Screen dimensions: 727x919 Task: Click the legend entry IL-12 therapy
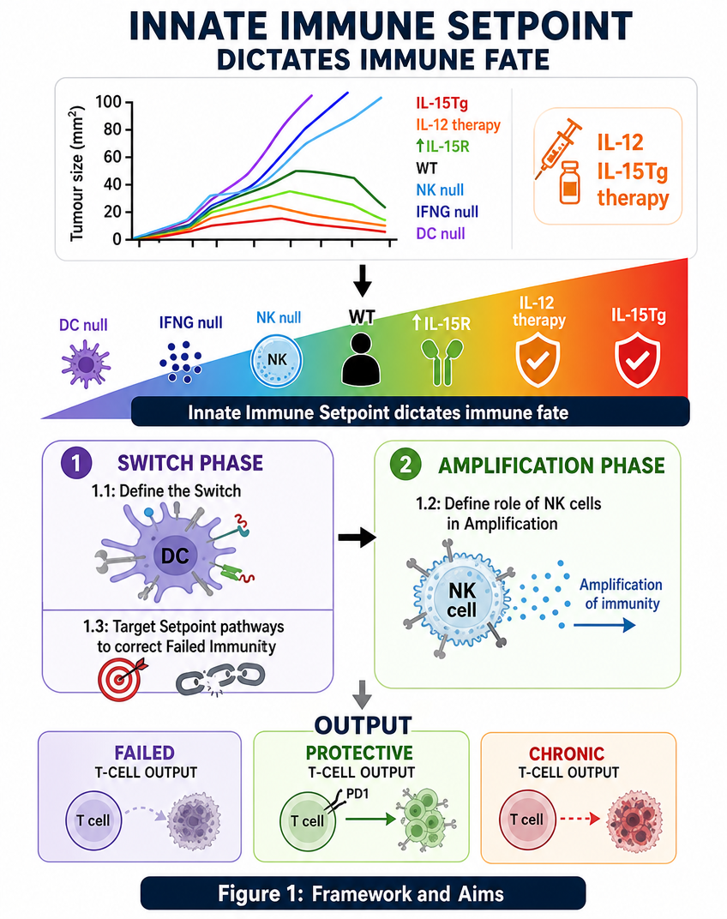[458, 125]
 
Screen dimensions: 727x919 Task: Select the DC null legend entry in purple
[441, 233]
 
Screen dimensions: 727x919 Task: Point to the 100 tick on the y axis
[109, 102]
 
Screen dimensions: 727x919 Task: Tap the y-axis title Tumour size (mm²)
[77, 173]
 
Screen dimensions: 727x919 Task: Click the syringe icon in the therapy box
[557, 149]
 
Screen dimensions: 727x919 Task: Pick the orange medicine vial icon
[569, 183]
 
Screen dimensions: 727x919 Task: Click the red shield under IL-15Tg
[637, 360]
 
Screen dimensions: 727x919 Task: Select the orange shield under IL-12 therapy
[538, 361]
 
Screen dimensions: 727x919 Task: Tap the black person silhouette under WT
[361, 360]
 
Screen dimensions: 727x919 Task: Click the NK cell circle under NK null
[277, 361]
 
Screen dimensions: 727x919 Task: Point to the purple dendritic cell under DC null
[87, 364]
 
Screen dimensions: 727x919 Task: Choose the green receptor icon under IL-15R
[442, 363]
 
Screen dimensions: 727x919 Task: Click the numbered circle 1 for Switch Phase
[76, 463]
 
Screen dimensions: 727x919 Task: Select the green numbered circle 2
[406, 465]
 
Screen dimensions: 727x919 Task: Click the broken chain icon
[220, 678]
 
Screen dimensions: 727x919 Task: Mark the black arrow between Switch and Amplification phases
[357, 537]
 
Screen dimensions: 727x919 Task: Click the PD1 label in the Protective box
[357, 794]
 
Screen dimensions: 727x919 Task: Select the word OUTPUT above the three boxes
[363, 725]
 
